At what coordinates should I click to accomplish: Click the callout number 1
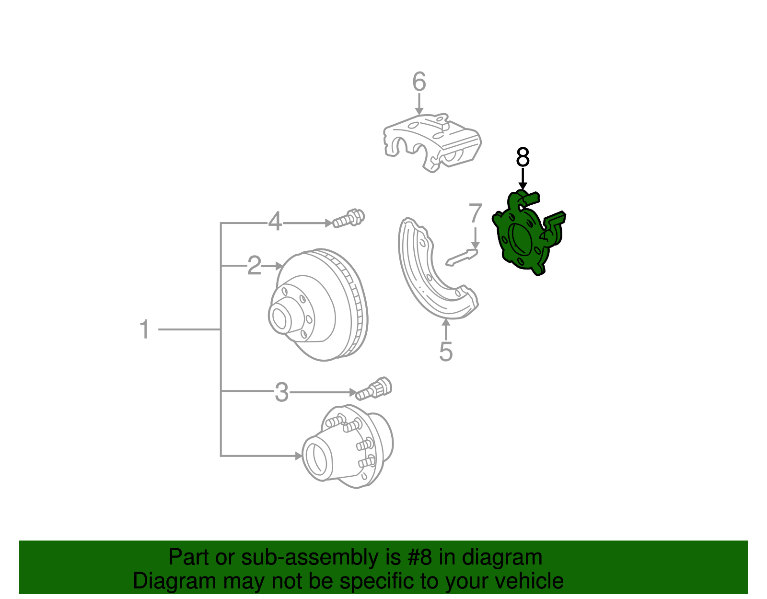click(x=144, y=330)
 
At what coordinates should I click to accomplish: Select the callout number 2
click(x=254, y=265)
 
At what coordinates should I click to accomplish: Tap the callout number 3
click(x=281, y=392)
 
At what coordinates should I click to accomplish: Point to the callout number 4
click(x=275, y=222)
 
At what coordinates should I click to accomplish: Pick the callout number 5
click(x=446, y=352)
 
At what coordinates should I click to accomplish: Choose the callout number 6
click(x=419, y=82)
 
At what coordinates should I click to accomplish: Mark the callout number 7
click(x=475, y=213)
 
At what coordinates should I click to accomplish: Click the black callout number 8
click(x=523, y=157)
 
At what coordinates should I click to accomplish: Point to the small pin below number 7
click(x=462, y=257)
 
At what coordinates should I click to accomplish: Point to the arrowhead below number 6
click(x=419, y=111)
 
